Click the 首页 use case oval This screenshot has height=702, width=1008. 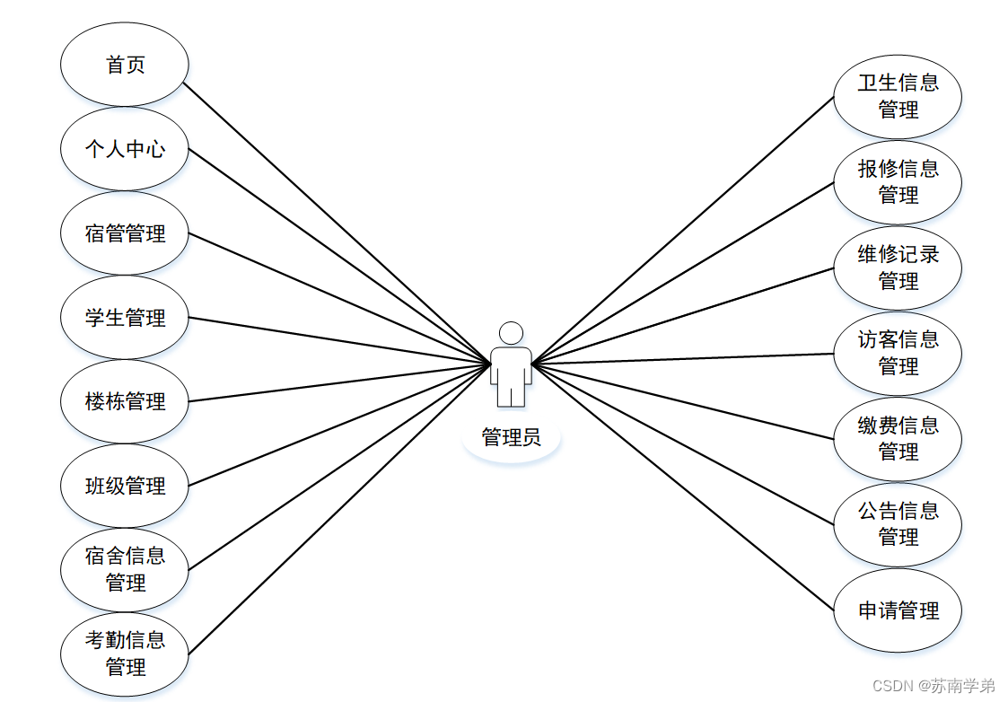pyautogui.click(x=125, y=65)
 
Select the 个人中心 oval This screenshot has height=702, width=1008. pyautogui.click(x=125, y=149)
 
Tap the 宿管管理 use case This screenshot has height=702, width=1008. pyautogui.click(x=125, y=233)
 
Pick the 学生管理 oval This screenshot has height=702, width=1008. pyautogui.click(x=125, y=318)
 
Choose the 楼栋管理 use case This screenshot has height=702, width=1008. pyautogui.click(x=125, y=401)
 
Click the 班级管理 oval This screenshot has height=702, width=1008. pyautogui.click(x=125, y=486)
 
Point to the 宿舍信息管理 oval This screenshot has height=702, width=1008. pyautogui.click(x=125, y=569)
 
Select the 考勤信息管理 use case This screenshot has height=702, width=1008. pyautogui.click(x=125, y=654)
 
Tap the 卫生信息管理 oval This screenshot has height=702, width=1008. pyautogui.click(x=898, y=96)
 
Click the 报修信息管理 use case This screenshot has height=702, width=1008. pyautogui.click(x=898, y=181)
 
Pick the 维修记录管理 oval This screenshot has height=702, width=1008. pyautogui.click(x=898, y=268)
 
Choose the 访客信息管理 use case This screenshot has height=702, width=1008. pyautogui.click(x=898, y=353)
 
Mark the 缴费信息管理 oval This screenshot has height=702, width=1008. pyautogui.click(x=898, y=438)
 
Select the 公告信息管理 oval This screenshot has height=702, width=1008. pyautogui.click(x=898, y=524)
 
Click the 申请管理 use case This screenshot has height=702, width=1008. pyautogui.click(x=898, y=610)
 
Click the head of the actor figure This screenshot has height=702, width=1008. pyautogui.click(x=511, y=332)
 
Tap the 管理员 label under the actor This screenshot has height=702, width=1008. pyautogui.click(x=511, y=438)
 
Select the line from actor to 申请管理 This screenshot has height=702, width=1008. pyautogui.click(x=682, y=485)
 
